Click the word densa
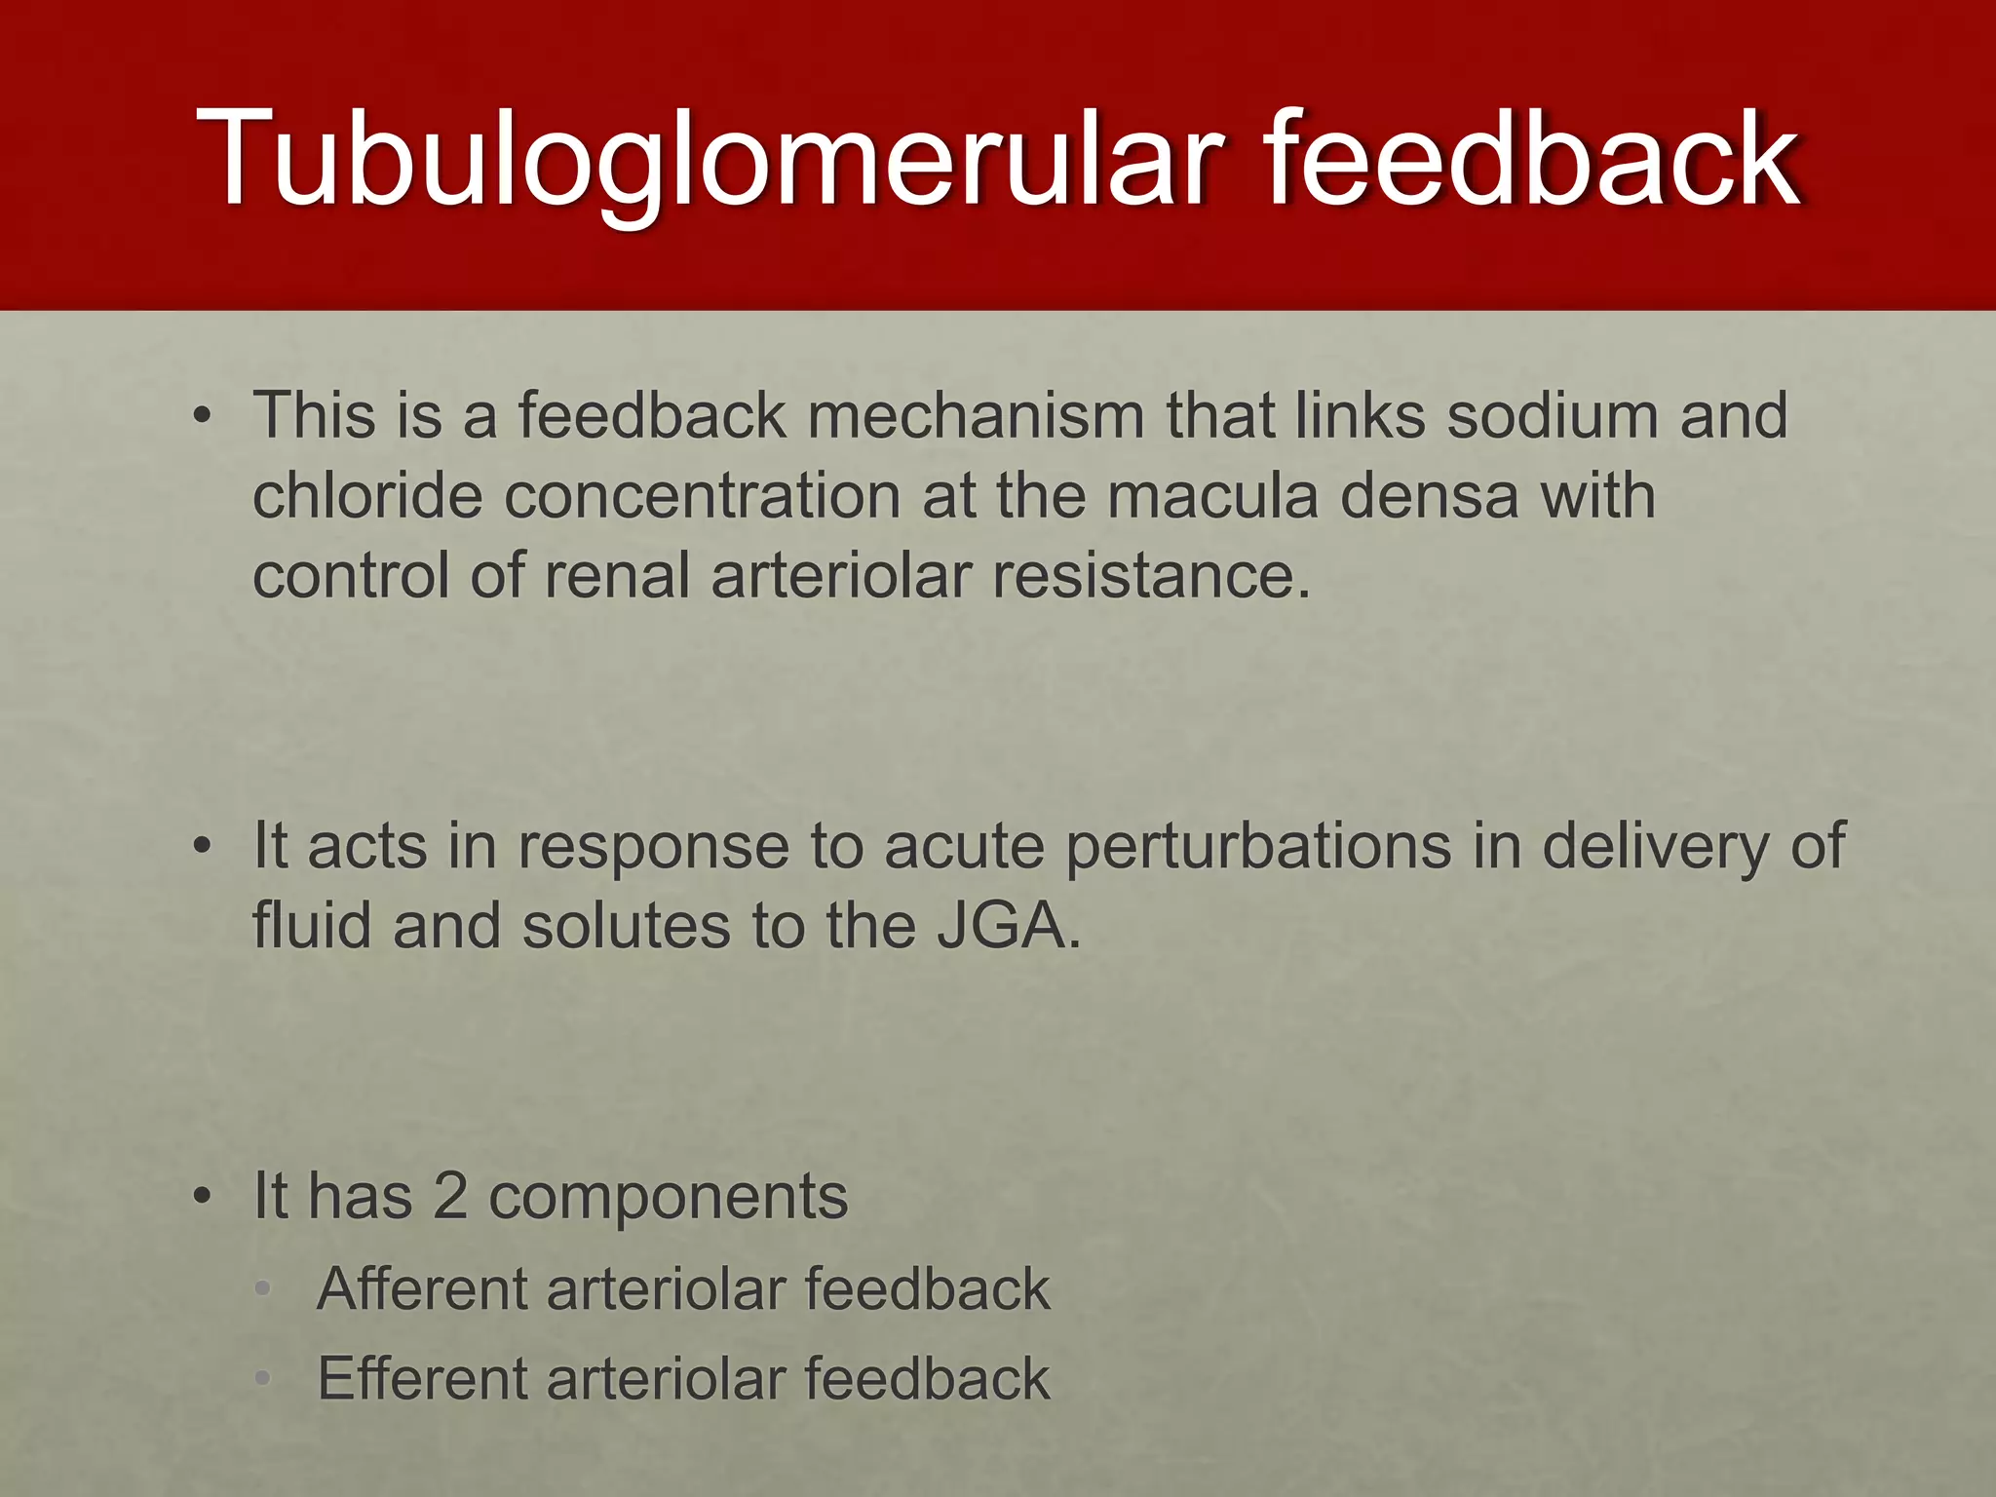[1429, 496]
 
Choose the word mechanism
[976, 416]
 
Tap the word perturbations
[1258, 846]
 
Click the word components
[668, 1198]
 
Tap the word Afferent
[421, 1288]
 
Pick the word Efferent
[421, 1378]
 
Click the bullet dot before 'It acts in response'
[202, 847]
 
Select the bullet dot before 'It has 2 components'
[202, 1197]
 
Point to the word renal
[617, 575]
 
